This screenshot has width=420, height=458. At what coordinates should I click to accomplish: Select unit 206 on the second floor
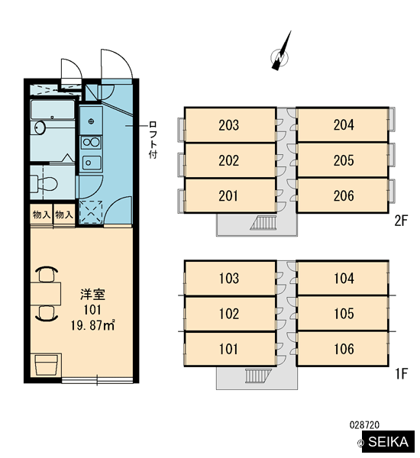[x=343, y=195]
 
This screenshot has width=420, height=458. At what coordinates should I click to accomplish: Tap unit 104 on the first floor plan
[x=343, y=278]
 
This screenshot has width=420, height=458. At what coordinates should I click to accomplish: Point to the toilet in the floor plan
[x=44, y=183]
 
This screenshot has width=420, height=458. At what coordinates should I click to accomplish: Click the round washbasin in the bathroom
[x=40, y=127]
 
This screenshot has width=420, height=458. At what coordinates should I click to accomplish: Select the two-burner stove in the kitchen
[x=91, y=143]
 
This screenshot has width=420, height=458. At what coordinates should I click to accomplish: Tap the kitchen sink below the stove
[x=92, y=163]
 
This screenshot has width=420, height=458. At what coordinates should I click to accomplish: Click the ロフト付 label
[x=153, y=140]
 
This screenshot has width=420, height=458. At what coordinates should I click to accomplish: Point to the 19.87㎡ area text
[x=92, y=325]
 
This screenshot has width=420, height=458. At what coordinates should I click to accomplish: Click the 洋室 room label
[x=92, y=295]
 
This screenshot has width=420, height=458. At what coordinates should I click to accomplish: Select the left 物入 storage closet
[x=41, y=214]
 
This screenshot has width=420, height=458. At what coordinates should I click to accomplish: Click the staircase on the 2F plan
[x=263, y=223]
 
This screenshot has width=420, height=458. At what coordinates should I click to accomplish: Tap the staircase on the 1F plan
[x=258, y=376]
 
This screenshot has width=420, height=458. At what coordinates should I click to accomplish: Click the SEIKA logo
[x=388, y=441]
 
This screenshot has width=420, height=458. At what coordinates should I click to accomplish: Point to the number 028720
[x=364, y=424]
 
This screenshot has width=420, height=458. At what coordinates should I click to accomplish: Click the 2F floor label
[x=401, y=221]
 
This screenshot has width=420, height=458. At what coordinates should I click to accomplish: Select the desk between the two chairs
[x=46, y=294]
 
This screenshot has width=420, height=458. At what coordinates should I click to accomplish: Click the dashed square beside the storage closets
[x=91, y=212]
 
